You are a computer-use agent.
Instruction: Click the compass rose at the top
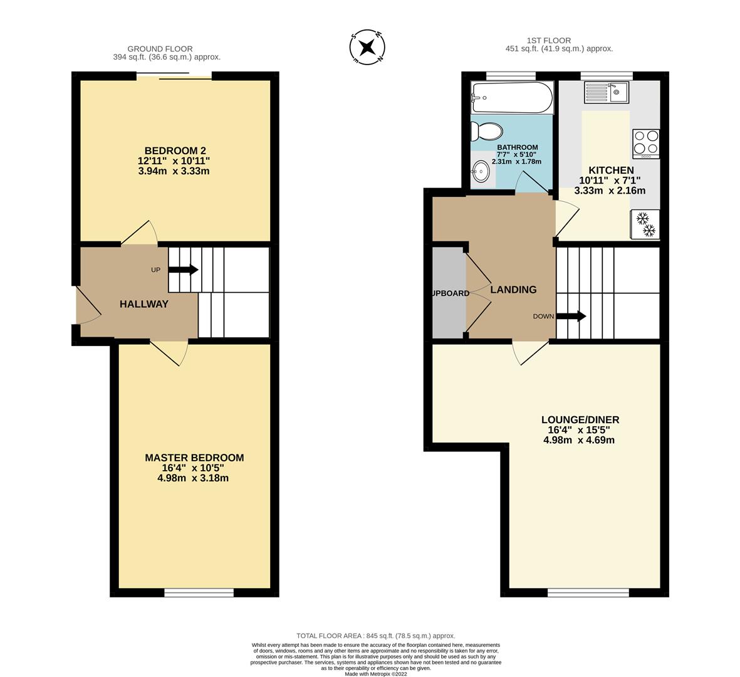(x=367, y=48)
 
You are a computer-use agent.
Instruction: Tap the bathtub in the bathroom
(x=512, y=98)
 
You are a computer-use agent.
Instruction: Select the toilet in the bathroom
(x=487, y=132)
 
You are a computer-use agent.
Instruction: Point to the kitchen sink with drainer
(x=607, y=93)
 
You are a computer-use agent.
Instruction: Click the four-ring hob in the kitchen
(x=646, y=142)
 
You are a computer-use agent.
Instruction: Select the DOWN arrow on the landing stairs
(x=571, y=317)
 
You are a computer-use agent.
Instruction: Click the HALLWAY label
(x=144, y=304)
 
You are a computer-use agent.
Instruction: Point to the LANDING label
(x=513, y=290)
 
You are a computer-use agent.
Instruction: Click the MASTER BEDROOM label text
(x=194, y=458)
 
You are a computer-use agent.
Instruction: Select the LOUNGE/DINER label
(x=580, y=420)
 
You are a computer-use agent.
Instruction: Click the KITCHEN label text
(x=611, y=170)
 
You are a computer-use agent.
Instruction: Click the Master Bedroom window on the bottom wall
(x=199, y=592)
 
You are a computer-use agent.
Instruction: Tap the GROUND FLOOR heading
(x=160, y=49)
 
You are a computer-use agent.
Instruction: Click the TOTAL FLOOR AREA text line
(x=376, y=636)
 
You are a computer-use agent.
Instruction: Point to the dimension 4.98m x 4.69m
(x=579, y=440)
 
